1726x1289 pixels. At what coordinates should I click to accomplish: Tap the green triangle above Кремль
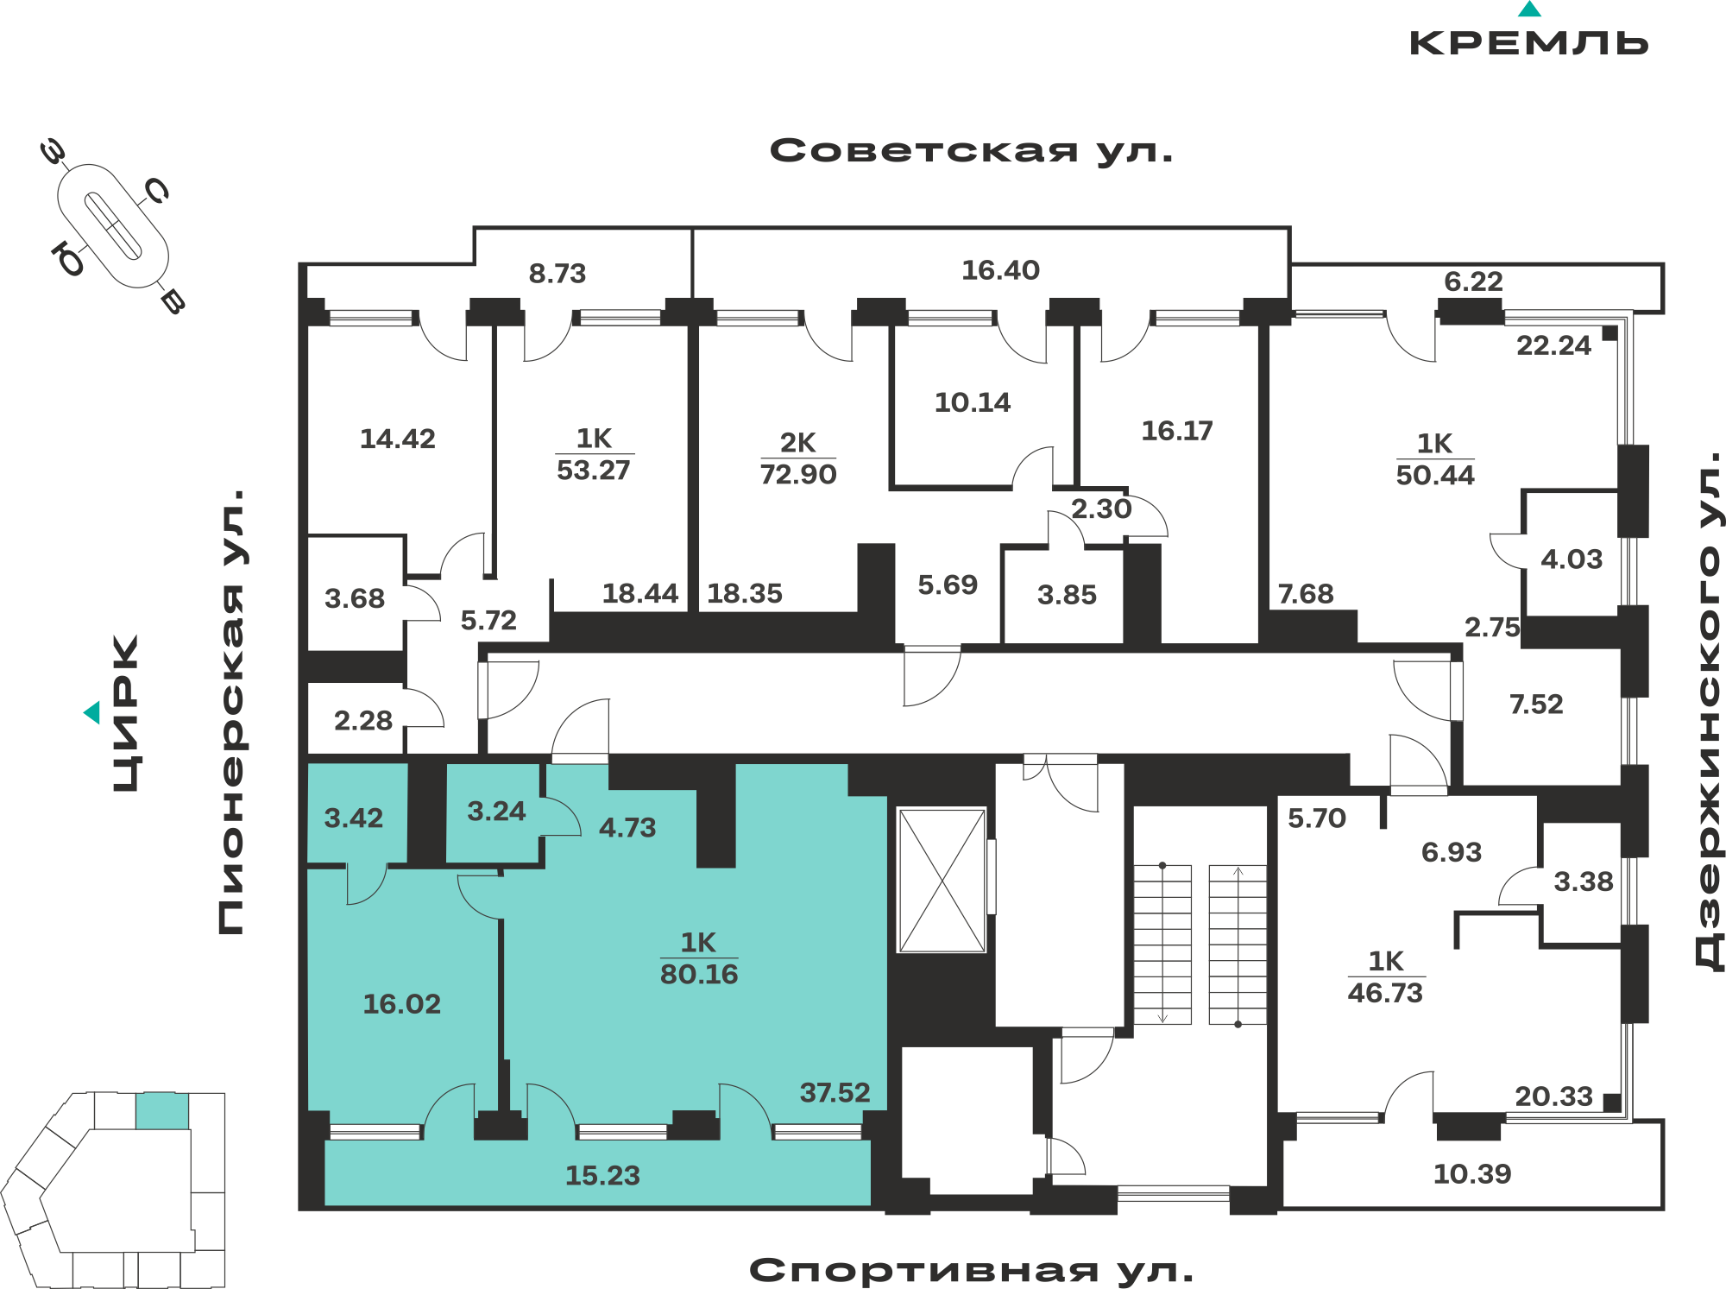click(1529, 9)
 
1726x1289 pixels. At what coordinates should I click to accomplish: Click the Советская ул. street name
click(972, 151)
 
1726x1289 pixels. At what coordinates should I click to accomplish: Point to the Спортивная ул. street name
click(972, 1270)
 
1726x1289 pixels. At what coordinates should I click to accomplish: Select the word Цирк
click(126, 712)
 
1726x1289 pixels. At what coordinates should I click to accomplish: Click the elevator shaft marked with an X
click(942, 880)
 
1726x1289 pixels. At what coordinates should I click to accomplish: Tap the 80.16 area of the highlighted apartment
click(699, 975)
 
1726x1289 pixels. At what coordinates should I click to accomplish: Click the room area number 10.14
click(973, 402)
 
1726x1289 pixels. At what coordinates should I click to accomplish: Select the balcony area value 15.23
click(602, 1175)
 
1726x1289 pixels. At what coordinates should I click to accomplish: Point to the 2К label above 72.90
click(797, 443)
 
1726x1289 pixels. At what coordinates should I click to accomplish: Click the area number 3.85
click(1067, 595)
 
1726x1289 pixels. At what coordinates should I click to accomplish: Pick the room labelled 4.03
click(1572, 559)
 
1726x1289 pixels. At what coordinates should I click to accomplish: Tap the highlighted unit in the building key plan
click(162, 1111)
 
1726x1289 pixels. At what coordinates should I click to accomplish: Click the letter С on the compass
click(156, 191)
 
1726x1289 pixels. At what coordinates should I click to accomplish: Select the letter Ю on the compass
click(68, 258)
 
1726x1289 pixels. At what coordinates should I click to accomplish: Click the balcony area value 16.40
click(1000, 270)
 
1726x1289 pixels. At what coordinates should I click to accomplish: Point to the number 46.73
click(1385, 993)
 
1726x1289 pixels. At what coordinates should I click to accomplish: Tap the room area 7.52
click(1536, 705)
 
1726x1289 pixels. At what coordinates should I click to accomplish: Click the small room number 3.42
click(353, 818)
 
